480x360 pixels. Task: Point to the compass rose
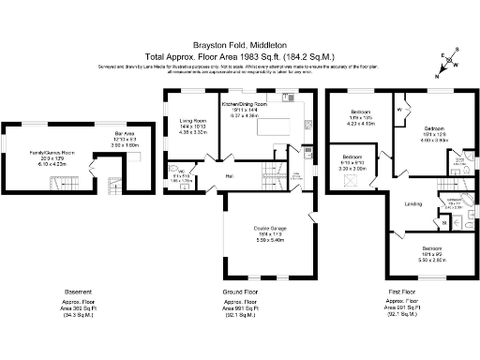click(449, 60)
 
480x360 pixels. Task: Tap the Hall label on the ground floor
click(228, 174)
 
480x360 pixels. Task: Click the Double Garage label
click(267, 227)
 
